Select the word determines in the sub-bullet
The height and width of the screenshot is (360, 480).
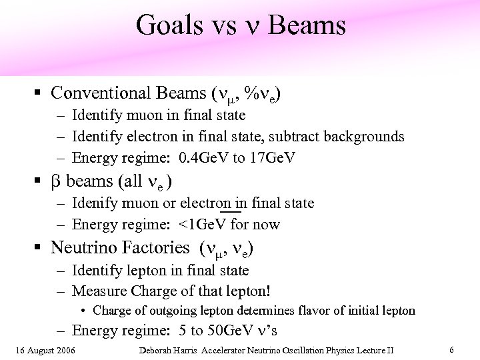click(252, 310)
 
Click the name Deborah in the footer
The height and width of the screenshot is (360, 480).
click(159, 350)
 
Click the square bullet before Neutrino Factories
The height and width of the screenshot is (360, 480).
click(41, 248)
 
